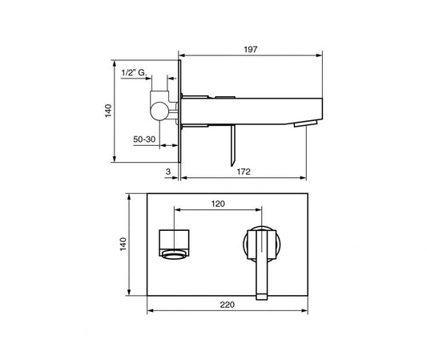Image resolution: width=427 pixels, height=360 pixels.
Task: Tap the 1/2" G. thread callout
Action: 134,73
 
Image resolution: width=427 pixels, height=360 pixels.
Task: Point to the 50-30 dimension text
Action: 144,140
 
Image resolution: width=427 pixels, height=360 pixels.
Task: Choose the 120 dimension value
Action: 217,204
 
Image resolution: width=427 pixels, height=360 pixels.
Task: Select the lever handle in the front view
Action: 261,266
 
